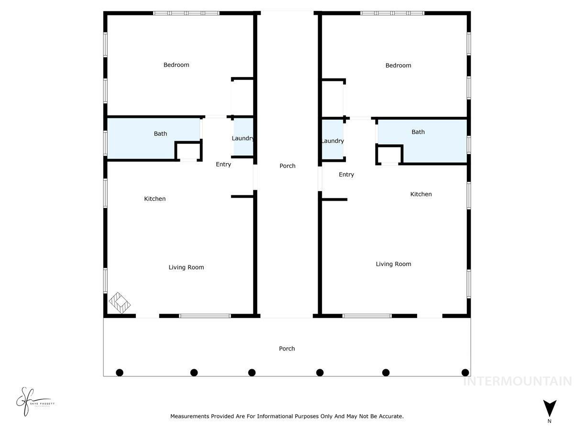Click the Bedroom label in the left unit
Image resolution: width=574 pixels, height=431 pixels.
click(176, 65)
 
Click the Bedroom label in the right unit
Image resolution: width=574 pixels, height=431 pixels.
click(398, 65)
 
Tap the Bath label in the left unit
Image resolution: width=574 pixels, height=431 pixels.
click(160, 134)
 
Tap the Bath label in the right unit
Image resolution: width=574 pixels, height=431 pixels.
click(418, 132)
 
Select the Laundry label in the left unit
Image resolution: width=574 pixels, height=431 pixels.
click(243, 138)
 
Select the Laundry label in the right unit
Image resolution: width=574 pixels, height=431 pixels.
click(332, 141)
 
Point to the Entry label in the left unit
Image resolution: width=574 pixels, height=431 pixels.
click(223, 164)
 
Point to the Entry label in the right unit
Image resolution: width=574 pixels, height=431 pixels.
click(346, 174)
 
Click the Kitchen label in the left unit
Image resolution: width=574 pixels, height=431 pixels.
click(155, 198)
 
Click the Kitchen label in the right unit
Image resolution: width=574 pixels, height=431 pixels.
click(421, 194)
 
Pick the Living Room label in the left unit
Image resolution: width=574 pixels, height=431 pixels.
click(186, 267)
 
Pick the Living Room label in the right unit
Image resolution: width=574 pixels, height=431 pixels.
click(393, 264)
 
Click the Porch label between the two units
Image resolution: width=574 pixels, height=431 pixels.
click(287, 166)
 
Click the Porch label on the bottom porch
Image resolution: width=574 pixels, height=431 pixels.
click(287, 349)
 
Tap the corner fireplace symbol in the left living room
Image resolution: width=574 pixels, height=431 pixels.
click(120, 303)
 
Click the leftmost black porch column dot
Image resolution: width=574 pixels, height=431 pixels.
click(120, 373)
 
